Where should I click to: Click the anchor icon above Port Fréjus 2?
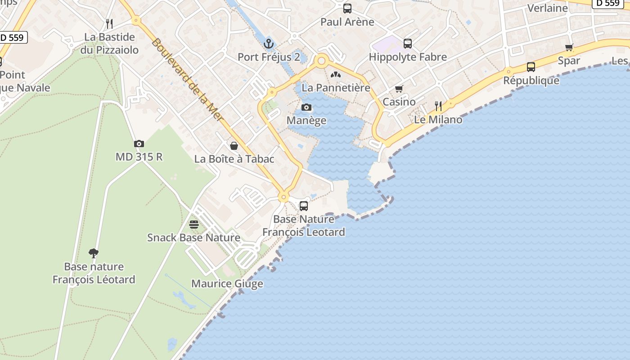click(x=269, y=44)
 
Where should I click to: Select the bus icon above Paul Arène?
click(x=347, y=8)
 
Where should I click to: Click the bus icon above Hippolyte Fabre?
click(x=408, y=43)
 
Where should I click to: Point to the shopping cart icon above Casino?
click(x=399, y=89)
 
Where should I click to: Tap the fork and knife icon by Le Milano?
click(x=438, y=106)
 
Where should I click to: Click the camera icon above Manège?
click(x=306, y=107)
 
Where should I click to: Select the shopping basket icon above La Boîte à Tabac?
click(x=234, y=145)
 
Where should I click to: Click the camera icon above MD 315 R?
click(x=139, y=144)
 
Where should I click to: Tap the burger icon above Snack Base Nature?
click(x=194, y=224)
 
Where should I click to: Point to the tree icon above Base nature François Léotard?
click(x=94, y=253)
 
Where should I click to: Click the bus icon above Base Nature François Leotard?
click(x=304, y=206)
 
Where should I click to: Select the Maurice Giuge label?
click(x=227, y=284)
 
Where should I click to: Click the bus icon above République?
click(x=531, y=67)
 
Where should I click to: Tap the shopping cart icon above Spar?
click(x=569, y=47)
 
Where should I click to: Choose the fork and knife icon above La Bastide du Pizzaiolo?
click(x=109, y=23)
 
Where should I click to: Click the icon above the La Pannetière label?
click(x=336, y=74)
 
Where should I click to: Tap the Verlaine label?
click(x=548, y=8)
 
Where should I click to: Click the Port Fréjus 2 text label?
click(x=269, y=57)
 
